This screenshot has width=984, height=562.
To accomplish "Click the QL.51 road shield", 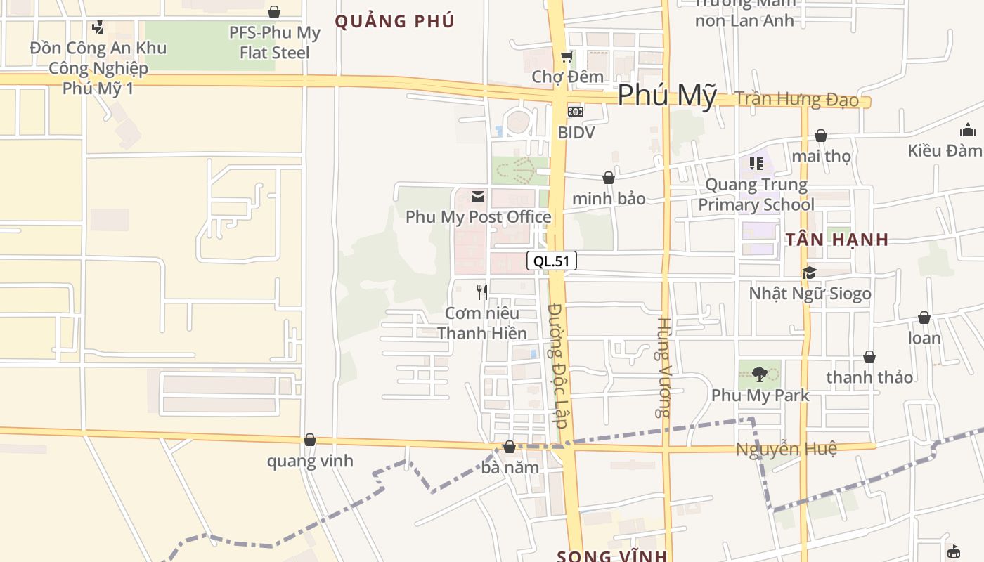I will click(551, 261).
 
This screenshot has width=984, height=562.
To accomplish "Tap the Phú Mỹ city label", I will click(667, 96).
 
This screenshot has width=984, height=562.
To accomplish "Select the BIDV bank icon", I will click(575, 112).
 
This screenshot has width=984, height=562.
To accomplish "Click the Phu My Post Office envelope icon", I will click(478, 197).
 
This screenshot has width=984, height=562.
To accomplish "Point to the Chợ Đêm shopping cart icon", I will click(567, 56).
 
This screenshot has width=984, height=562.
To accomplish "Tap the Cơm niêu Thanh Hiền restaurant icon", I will click(481, 292).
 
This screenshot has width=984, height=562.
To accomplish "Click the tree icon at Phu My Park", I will click(759, 374).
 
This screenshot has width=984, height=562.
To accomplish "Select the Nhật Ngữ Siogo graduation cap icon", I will click(809, 273).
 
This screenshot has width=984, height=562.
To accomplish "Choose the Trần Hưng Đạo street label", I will click(797, 99).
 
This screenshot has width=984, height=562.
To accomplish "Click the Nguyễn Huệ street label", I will click(786, 449).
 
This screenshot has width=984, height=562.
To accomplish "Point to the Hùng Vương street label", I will click(663, 367).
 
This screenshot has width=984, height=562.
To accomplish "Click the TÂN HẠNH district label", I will click(837, 240).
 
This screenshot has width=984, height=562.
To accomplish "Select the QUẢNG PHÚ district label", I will click(394, 21).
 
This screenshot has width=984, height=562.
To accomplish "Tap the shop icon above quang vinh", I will click(309, 440).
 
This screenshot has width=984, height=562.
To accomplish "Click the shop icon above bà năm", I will click(510, 447).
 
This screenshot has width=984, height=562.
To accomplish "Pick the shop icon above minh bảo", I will click(609, 178).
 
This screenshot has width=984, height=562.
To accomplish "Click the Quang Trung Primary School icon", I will click(756, 164).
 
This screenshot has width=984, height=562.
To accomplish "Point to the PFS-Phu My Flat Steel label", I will click(274, 42).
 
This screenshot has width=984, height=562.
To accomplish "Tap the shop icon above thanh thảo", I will click(869, 357).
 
